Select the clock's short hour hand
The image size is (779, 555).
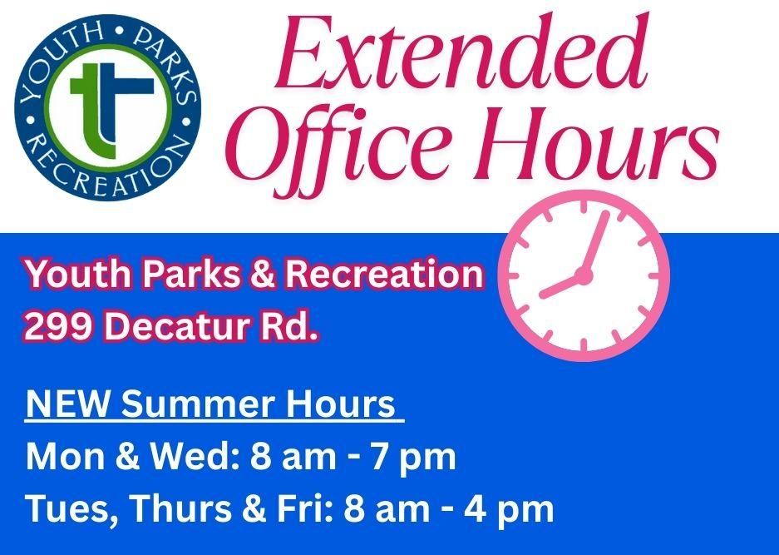(562, 285)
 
